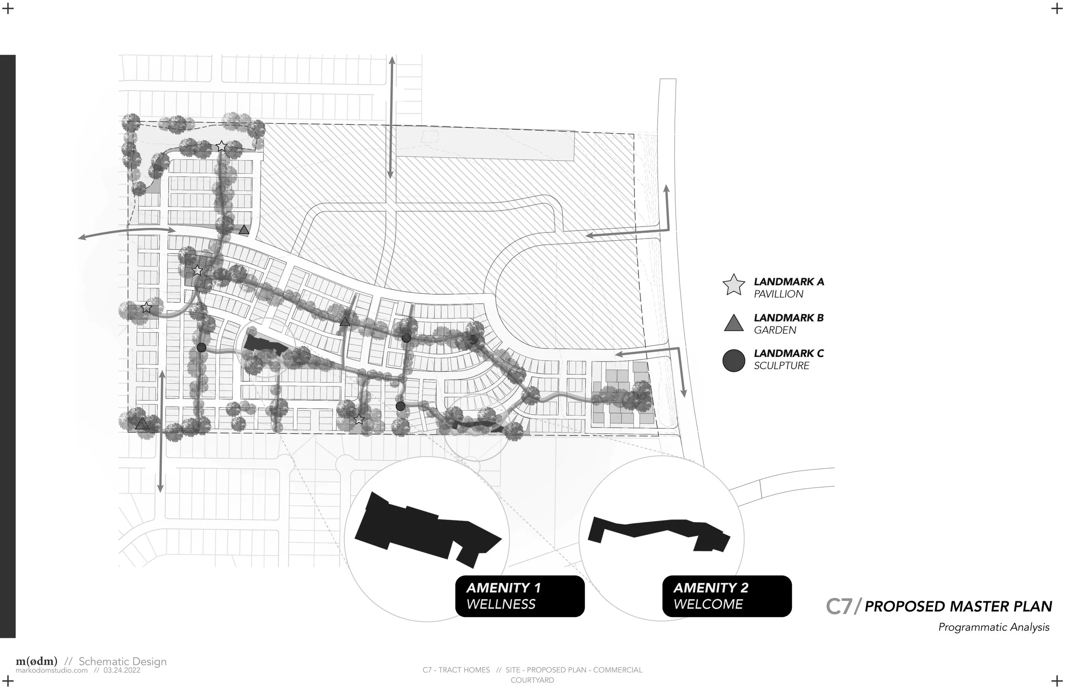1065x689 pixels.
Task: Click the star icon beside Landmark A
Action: (734, 285)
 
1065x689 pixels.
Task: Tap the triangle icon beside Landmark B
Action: (734, 323)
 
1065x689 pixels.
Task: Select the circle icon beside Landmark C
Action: (734, 360)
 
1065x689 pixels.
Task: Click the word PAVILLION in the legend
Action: (778, 294)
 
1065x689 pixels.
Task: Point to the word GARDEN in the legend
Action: (774, 330)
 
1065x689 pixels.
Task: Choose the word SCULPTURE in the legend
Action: (781, 365)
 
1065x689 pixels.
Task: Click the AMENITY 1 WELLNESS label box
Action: (520, 596)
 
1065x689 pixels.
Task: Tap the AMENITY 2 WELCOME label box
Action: (727, 596)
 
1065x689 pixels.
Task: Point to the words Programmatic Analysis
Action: (993, 627)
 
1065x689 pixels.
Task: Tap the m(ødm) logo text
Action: (37, 661)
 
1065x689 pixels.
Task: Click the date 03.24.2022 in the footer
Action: (122, 670)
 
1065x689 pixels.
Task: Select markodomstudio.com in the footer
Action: (52, 670)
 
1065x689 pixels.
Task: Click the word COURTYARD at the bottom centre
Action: (532, 680)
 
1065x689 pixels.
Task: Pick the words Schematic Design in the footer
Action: (122, 661)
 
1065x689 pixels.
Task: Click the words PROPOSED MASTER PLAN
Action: (958, 607)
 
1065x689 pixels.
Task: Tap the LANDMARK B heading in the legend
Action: (789, 318)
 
